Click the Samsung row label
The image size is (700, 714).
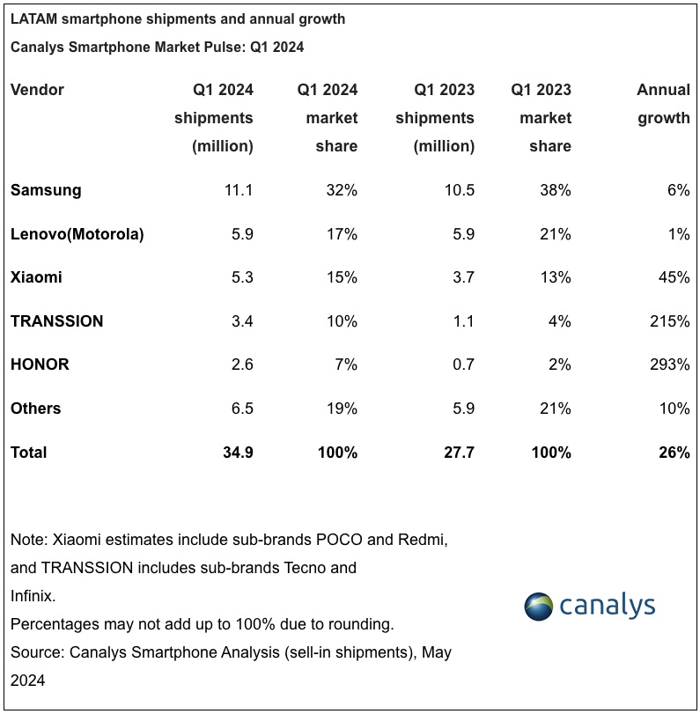coord(46,190)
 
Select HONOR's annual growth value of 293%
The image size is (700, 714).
coord(668,364)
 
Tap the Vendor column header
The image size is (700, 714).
coord(37,90)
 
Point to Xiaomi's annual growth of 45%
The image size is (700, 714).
coord(673,278)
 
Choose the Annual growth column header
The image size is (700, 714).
coord(663,104)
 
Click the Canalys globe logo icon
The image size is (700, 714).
coord(542,607)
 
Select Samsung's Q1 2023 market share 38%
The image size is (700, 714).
coord(554,190)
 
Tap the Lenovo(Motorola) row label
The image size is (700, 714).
coord(77,234)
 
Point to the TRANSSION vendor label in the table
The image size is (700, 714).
coord(57,321)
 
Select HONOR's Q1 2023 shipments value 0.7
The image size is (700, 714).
coord(462,364)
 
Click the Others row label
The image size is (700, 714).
coord(36,409)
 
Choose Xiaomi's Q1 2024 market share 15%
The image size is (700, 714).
coord(340,278)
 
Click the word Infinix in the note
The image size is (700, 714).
coord(33,596)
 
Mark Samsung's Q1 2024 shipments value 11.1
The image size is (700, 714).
coord(239,190)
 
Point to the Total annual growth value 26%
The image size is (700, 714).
coord(673,453)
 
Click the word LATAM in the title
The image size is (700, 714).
coord(34,19)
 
